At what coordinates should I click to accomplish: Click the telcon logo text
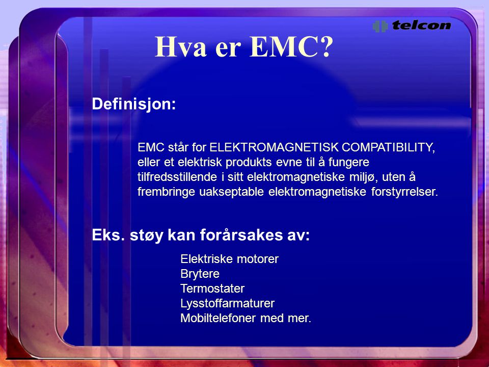(422, 25)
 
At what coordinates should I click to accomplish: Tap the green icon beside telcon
(380, 26)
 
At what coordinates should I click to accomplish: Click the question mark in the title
(326, 47)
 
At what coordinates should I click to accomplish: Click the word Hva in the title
(180, 47)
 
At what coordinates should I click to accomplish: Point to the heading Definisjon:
(134, 103)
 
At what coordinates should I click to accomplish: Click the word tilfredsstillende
(177, 177)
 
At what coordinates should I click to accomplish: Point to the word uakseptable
(232, 192)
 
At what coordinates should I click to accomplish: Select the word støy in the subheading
(147, 235)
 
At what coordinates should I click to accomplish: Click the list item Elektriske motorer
(230, 259)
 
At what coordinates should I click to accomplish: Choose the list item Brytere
(200, 274)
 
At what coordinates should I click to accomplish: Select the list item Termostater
(212, 289)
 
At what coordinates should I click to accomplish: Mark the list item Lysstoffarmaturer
(228, 303)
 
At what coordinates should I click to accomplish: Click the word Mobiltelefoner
(219, 318)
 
